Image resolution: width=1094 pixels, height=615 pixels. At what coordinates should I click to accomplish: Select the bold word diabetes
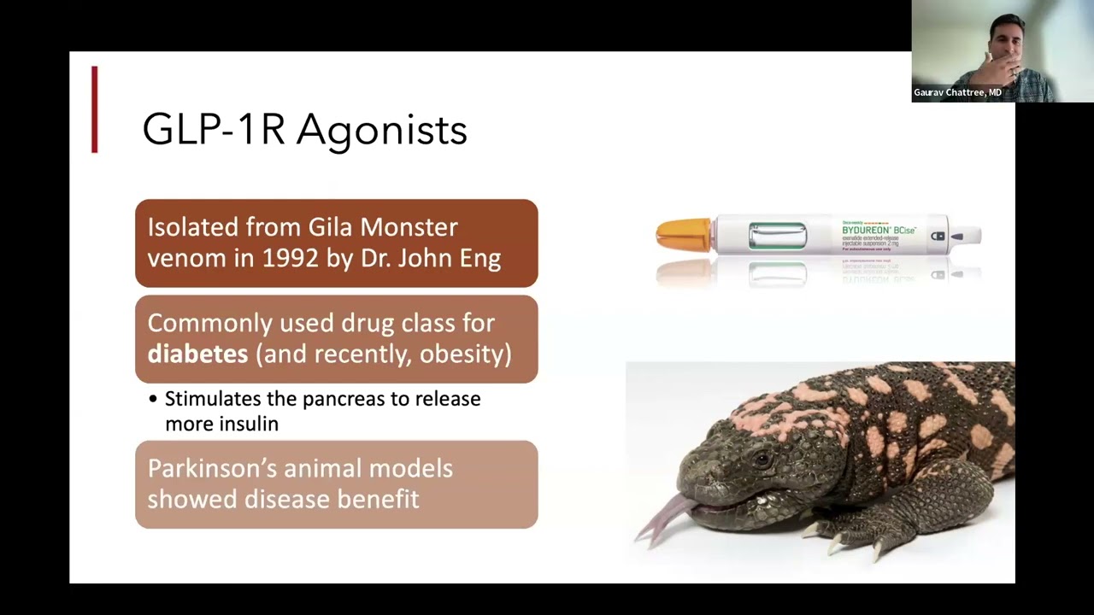click(x=197, y=354)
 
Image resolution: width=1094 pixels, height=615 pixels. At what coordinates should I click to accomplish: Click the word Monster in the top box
click(x=409, y=227)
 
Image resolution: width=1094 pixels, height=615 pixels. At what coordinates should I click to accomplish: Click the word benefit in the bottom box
click(x=378, y=499)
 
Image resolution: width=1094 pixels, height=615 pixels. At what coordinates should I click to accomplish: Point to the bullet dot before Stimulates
click(x=153, y=399)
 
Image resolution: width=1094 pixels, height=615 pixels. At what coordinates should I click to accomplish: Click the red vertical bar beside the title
click(x=95, y=109)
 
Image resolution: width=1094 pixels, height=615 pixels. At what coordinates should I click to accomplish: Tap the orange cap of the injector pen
click(x=683, y=234)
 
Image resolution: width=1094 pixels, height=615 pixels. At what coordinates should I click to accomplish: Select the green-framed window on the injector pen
click(x=777, y=235)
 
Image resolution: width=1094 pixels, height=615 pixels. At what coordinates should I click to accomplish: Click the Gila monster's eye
click(x=758, y=460)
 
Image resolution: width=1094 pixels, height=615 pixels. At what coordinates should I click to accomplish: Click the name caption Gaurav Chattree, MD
click(x=957, y=92)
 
